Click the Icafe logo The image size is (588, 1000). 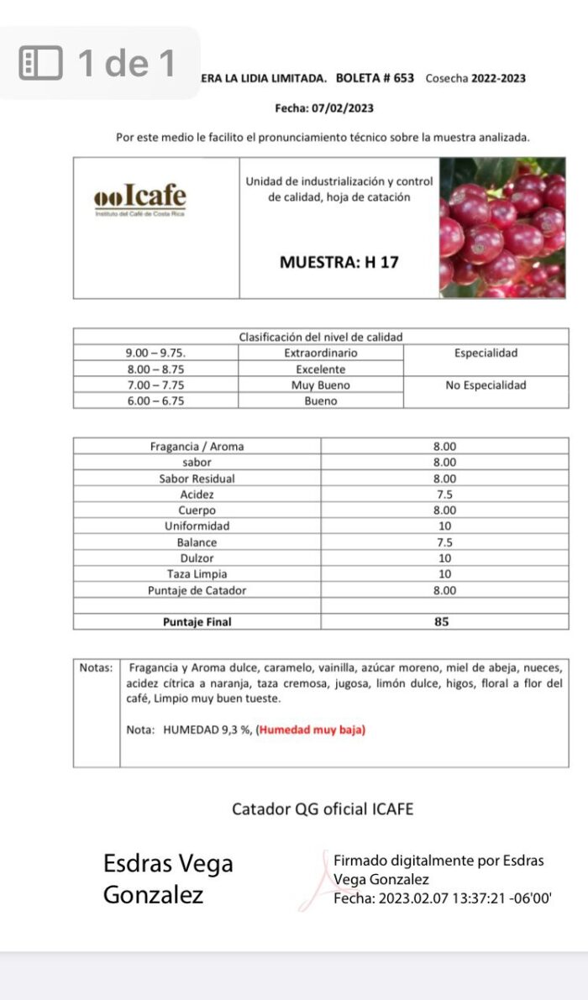pos(139,199)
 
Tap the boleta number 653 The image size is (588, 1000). pos(403,78)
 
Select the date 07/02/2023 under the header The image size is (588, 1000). pos(341,108)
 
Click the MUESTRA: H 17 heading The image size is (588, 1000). pos(339,262)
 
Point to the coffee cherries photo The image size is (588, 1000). pos(502,228)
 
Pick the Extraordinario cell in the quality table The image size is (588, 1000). pos(320,353)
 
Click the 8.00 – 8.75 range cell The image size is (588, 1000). pos(155,369)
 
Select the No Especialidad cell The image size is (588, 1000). pos(486,385)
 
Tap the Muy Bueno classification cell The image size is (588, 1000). pos(320,385)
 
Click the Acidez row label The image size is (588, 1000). pos(197,495)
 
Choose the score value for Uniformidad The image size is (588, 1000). pos(444,526)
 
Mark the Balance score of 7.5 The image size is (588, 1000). pos(444,542)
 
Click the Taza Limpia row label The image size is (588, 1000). pos(197,574)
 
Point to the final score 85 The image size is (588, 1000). pos(442,622)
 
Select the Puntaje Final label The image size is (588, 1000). pos(197,622)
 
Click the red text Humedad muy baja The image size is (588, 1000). pos(312,730)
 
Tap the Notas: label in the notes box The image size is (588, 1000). pos(96,668)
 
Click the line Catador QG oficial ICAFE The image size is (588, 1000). pos(323,809)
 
